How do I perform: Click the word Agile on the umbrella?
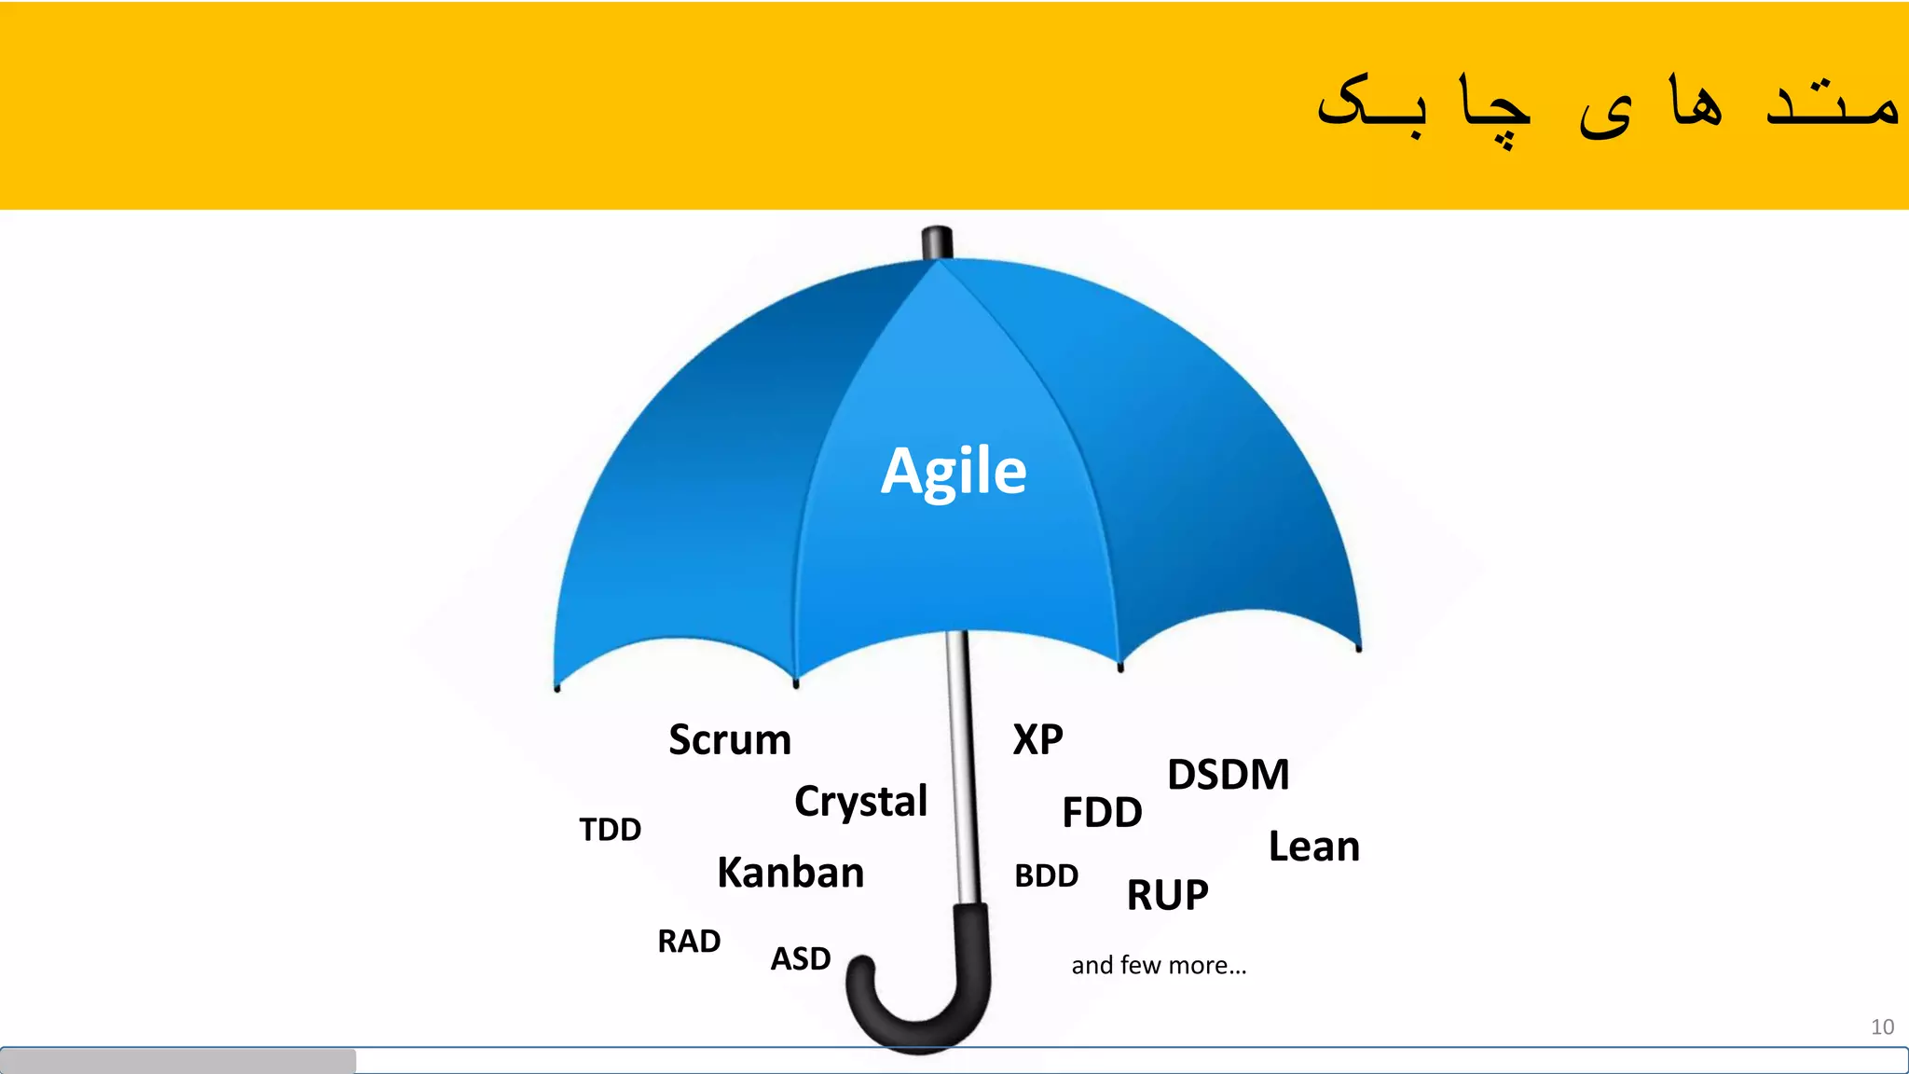954,472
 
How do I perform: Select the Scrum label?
730,740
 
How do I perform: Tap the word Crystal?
860,802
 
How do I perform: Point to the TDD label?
610,830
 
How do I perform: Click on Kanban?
790,874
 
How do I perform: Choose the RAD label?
689,942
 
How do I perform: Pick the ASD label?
800,959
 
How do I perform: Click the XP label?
1037,740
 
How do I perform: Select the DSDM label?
1228,776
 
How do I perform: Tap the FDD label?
1102,813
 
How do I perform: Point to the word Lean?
1313,847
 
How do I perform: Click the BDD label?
1046,876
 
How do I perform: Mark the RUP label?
1167,896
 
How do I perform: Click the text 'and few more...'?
1158,966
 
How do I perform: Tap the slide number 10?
1881,1027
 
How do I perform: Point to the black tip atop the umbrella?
937,241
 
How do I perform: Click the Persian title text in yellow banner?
1607,107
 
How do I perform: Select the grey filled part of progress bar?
177,1061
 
